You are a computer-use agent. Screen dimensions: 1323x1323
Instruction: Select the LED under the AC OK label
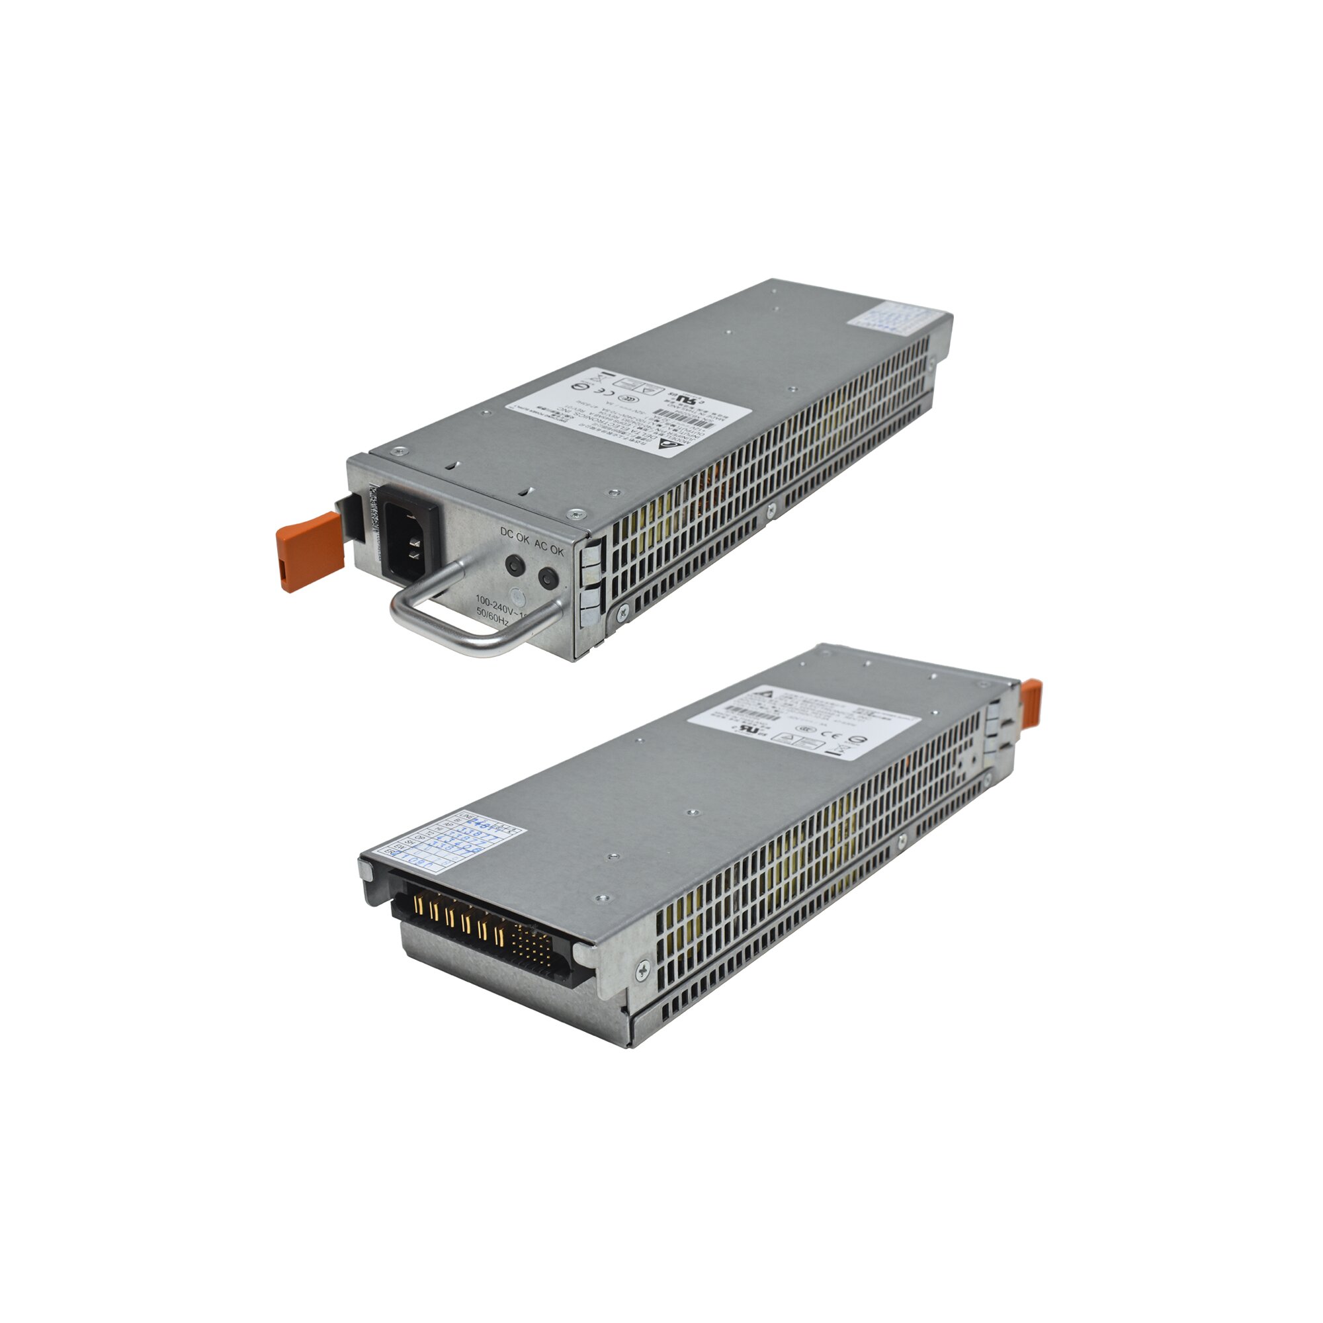(547, 579)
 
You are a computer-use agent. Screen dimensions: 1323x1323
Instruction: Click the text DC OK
(514, 536)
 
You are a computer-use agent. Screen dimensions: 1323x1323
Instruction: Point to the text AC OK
(548, 550)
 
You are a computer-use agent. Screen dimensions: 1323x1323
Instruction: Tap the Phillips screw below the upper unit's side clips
(622, 615)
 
